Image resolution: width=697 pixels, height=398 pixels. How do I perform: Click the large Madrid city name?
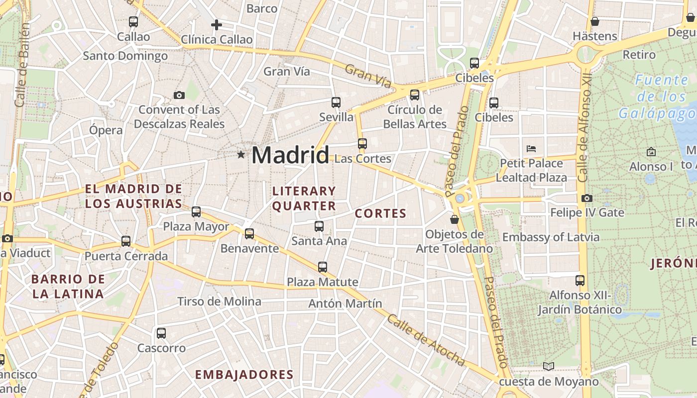click(x=290, y=155)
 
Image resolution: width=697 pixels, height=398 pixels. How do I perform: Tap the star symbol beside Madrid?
click(x=241, y=155)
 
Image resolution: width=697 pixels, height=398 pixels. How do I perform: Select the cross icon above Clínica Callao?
click(x=216, y=24)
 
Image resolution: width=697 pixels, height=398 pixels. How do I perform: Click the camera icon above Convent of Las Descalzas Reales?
click(x=179, y=95)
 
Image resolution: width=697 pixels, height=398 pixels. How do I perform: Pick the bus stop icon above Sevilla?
click(x=336, y=102)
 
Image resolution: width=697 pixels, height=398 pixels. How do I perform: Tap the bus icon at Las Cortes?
click(x=362, y=144)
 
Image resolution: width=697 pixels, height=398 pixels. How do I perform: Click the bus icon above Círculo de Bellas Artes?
click(x=414, y=95)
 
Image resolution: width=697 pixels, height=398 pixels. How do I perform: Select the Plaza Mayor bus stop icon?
click(x=196, y=212)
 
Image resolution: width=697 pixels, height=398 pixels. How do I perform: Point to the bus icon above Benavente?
click(x=249, y=233)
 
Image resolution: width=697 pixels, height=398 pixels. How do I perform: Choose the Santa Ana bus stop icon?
click(x=319, y=226)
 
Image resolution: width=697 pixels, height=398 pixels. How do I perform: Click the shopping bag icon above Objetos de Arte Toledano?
click(x=455, y=219)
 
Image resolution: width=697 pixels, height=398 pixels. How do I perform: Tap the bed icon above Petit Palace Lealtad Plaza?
click(x=531, y=148)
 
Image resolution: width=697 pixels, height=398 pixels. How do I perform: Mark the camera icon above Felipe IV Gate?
click(x=586, y=198)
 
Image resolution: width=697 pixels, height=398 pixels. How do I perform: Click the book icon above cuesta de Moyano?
click(x=549, y=367)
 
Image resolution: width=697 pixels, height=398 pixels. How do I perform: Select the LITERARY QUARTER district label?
click(x=304, y=198)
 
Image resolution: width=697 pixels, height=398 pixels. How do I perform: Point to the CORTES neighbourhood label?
click(x=380, y=214)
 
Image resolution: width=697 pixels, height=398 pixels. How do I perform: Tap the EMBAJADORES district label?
click(x=244, y=375)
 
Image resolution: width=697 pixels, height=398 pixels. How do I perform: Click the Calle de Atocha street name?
click(x=426, y=341)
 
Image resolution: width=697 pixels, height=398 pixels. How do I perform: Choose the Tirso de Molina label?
click(x=219, y=301)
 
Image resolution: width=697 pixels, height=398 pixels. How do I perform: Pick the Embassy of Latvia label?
click(x=551, y=237)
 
